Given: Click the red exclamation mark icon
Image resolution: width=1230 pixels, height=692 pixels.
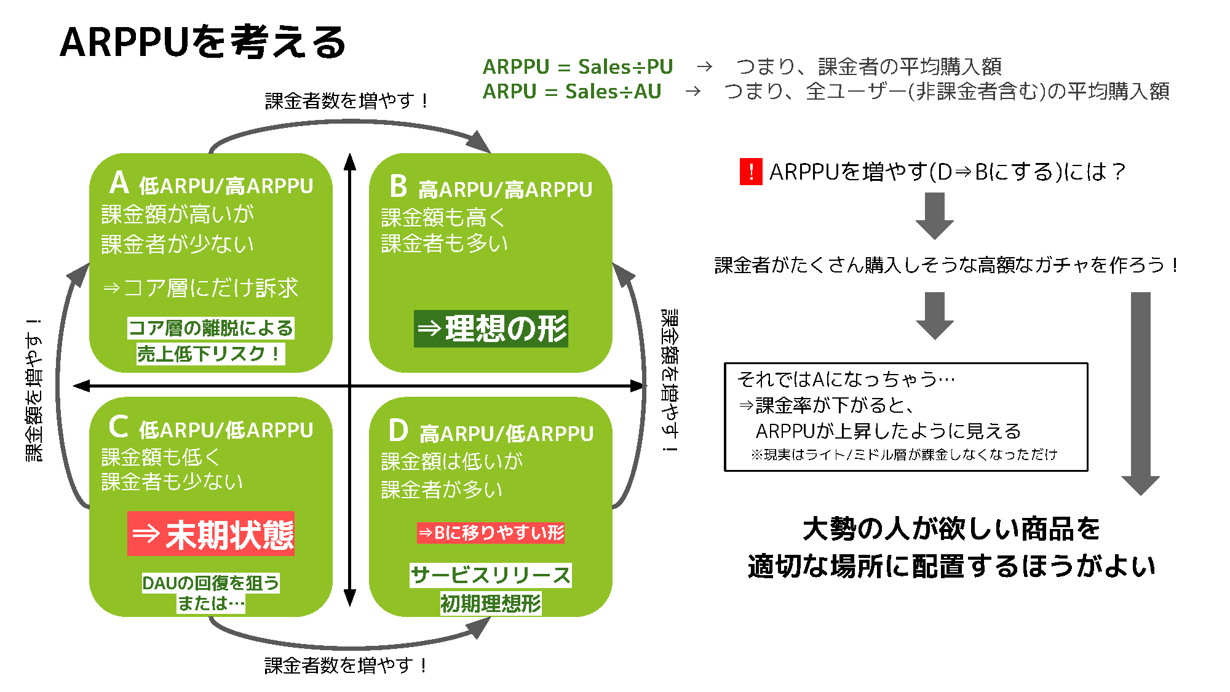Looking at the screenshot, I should pyautogui.click(x=750, y=172).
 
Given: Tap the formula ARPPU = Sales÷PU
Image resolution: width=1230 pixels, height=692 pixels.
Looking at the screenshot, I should pyautogui.click(x=577, y=66).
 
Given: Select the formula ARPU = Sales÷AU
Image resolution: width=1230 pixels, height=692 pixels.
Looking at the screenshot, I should pyautogui.click(x=571, y=91).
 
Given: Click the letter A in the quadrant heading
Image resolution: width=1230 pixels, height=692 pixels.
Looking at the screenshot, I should pyautogui.click(x=119, y=183).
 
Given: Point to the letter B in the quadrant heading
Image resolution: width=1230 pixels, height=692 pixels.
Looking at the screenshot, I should pyautogui.click(x=399, y=186).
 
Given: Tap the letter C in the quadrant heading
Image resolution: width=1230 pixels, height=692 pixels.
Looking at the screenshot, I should pyautogui.click(x=118, y=426).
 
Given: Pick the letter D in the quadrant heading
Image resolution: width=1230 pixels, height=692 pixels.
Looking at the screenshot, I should pyautogui.click(x=399, y=431).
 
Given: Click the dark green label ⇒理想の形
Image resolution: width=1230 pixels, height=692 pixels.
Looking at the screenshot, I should pyautogui.click(x=491, y=328).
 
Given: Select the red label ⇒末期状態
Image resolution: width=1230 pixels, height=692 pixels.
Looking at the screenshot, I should pyautogui.click(x=211, y=534).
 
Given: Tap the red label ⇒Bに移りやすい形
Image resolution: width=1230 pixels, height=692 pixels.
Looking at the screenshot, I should pyautogui.click(x=491, y=532).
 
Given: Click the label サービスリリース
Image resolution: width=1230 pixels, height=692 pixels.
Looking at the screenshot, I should pyautogui.click(x=491, y=575).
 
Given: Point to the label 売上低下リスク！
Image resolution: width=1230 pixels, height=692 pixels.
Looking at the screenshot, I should pyautogui.click(x=210, y=354).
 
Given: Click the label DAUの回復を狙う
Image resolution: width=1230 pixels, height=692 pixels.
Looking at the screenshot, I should pyautogui.click(x=210, y=583).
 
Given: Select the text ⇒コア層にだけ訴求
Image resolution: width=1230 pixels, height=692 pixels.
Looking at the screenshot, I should pyautogui.click(x=200, y=287).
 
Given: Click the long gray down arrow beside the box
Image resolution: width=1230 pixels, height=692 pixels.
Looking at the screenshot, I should pyautogui.click(x=1140, y=394).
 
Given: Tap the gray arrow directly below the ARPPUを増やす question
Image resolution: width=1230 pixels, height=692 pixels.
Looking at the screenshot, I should pyautogui.click(x=934, y=215).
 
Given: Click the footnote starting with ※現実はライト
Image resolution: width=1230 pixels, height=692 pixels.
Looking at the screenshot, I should pyautogui.click(x=903, y=455).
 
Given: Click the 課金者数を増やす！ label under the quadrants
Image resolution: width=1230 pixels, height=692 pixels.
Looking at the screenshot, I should pyautogui.click(x=346, y=665).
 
